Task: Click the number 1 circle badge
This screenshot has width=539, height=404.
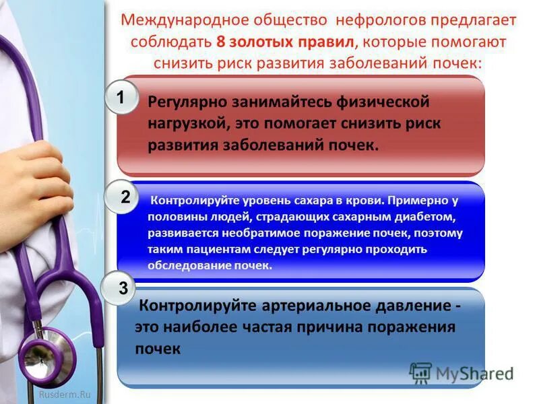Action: pyautogui.click(x=121, y=98)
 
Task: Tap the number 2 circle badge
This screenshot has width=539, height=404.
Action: pyautogui.click(x=125, y=197)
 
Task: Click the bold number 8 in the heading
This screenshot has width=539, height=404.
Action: pyautogui.click(x=220, y=41)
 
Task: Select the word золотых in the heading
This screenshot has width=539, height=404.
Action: pyautogui.click(x=260, y=41)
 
